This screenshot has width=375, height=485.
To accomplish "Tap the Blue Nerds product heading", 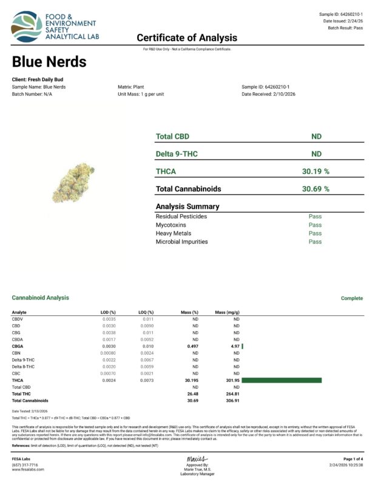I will (49, 62).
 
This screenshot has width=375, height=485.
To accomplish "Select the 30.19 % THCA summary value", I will (316, 172).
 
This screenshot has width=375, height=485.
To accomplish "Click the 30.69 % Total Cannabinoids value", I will (316, 189).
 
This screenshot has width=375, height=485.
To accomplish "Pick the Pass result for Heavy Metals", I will (315, 233).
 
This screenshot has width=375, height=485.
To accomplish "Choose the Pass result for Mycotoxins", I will (315, 225).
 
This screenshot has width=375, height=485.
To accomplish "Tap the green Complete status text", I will (351, 298).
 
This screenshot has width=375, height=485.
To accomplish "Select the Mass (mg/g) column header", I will (228, 312).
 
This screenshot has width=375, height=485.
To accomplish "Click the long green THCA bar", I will (282, 380).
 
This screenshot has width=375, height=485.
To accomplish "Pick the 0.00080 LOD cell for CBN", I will (107, 353).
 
